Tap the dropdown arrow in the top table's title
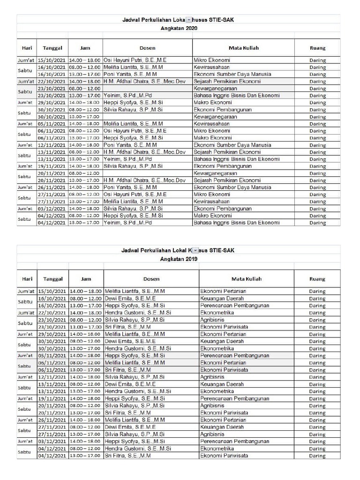[x=188, y=20]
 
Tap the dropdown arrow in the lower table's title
[x=195, y=251]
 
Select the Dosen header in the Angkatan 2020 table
[x=147, y=48]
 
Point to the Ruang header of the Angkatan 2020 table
[x=317, y=48]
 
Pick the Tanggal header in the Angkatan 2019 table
[x=52, y=279]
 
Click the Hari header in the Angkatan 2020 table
[x=27, y=48]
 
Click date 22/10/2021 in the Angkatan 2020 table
[x=52, y=82]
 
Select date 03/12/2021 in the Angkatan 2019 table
[x=52, y=442]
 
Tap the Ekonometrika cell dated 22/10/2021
[x=217, y=313]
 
